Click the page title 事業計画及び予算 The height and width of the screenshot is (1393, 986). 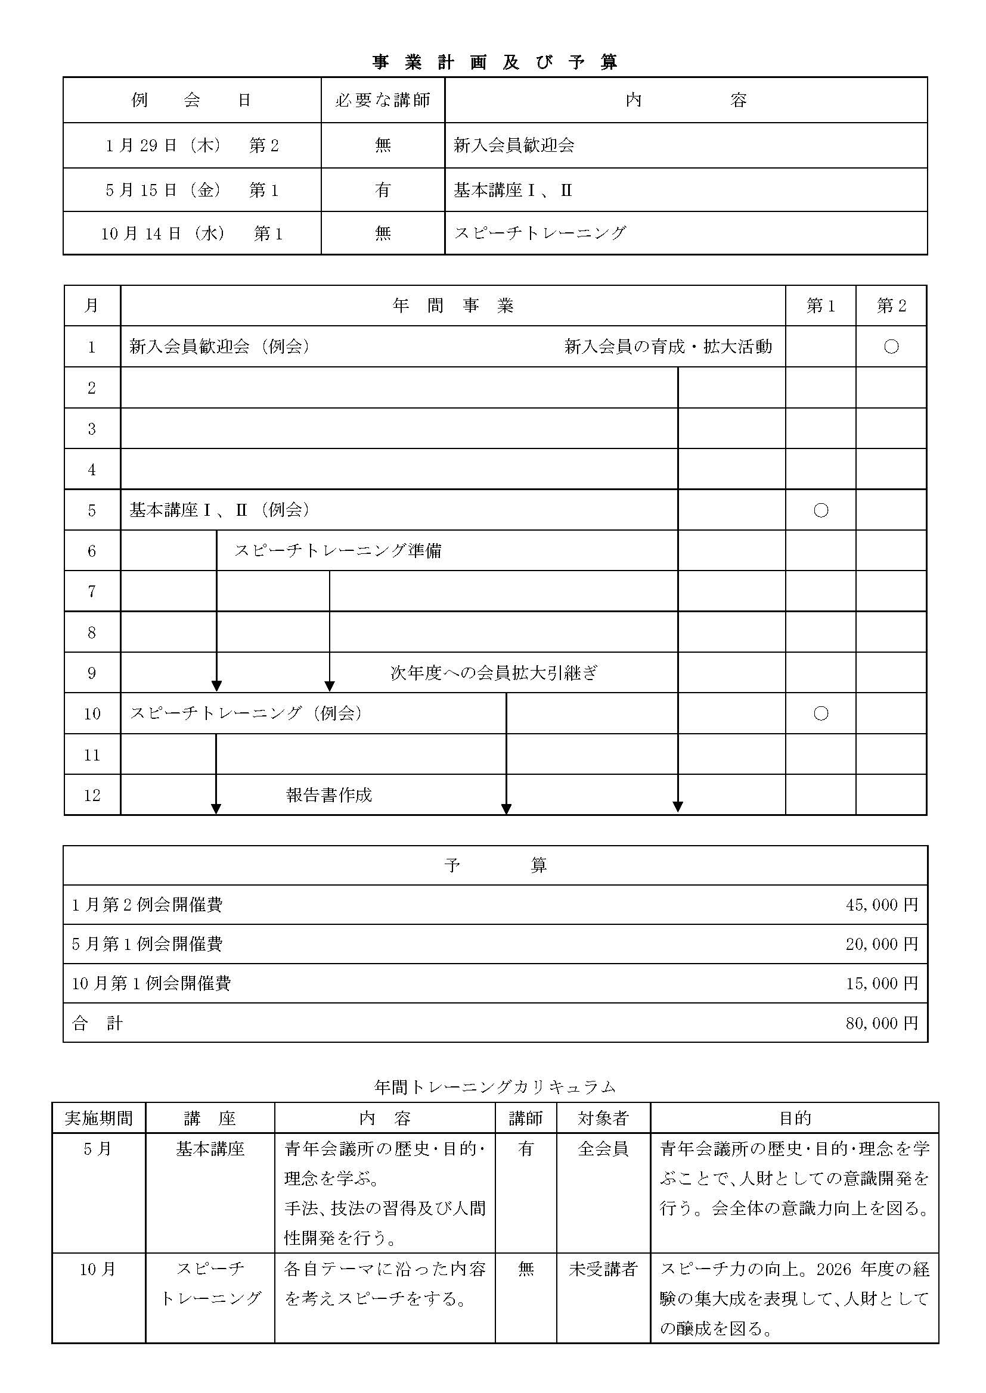pyautogui.click(x=495, y=63)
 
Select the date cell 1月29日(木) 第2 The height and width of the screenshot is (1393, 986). pyautogui.click(x=192, y=145)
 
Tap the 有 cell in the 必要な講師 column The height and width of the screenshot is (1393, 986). pyautogui.click(x=383, y=190)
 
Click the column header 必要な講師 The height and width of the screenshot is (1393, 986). pyautogui.click(x=383, y=100)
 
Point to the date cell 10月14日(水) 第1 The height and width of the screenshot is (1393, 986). pyautogui.click(x=192, y=233)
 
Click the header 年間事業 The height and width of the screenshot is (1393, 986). pyautogui.click(x=453, y=306)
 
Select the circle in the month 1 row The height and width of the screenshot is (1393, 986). pyautogui.click(x=891, y=347)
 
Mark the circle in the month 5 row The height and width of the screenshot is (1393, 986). pyautogui.click(x=820, y=510)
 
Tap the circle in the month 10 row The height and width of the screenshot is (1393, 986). pyautogui.click(x=820, y=713)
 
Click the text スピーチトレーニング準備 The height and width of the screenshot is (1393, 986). pyautogui.click(x=337, y=551)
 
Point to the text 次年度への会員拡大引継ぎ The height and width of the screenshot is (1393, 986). pyautogui.click(x=494, y=673)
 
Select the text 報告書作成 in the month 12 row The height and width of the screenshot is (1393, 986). pyautogui.click(x=328, y=796)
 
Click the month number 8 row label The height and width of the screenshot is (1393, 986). pyautogui.click(x=92, y=633)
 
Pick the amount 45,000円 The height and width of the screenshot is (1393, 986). pyautogui.click(x=882, y=905)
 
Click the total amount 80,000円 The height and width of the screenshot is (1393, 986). pyautogui.click(x=882, y=1024)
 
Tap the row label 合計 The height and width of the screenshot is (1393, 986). pyautogui.click(x=97, y=1024)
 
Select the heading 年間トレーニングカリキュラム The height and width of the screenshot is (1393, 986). pyautogui.click(x=495, y=1087)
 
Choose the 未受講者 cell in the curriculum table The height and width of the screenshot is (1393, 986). pyautogui.click(x=603, y=1269)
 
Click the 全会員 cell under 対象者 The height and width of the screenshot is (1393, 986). pyautogui.click(x=603, y=1148)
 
